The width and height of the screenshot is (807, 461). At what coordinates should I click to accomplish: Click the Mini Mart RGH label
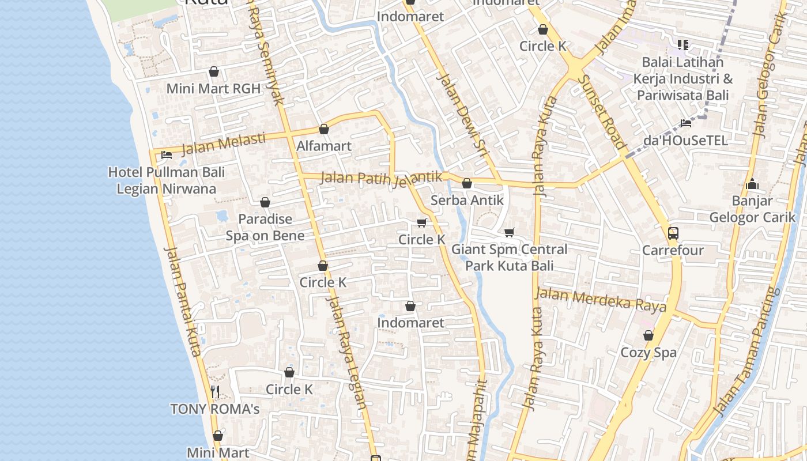point(213,89)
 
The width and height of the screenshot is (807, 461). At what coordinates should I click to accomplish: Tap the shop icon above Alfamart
point(324,129)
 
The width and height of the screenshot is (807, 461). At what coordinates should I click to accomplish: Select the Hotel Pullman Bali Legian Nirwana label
point(167,180)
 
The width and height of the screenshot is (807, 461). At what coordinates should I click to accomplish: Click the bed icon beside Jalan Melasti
point(167,154)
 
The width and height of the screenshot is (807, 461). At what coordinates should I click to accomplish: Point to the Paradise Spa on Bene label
point(265,227)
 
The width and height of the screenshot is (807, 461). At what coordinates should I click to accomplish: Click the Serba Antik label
point(467,201)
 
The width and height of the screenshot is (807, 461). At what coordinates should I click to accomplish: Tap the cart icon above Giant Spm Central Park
point(509,232)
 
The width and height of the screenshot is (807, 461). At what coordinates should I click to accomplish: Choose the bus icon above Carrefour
point(673,233)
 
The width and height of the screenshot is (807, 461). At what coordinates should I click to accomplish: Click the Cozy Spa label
point(648,352)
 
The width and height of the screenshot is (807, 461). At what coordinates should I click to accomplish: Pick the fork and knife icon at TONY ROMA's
point(215,392)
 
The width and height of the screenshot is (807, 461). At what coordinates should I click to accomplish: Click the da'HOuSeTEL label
point(685,140)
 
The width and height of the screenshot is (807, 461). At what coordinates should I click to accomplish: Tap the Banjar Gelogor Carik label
point(752,209)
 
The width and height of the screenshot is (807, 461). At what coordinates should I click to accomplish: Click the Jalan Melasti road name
point(224,144)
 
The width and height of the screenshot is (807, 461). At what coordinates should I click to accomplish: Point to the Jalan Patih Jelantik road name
point(381,178)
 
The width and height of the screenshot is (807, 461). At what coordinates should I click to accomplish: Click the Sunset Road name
point(602,112)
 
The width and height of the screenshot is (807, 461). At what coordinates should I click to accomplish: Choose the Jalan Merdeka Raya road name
point(601,300)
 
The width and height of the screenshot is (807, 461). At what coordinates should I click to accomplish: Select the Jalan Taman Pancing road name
point(746,352)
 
